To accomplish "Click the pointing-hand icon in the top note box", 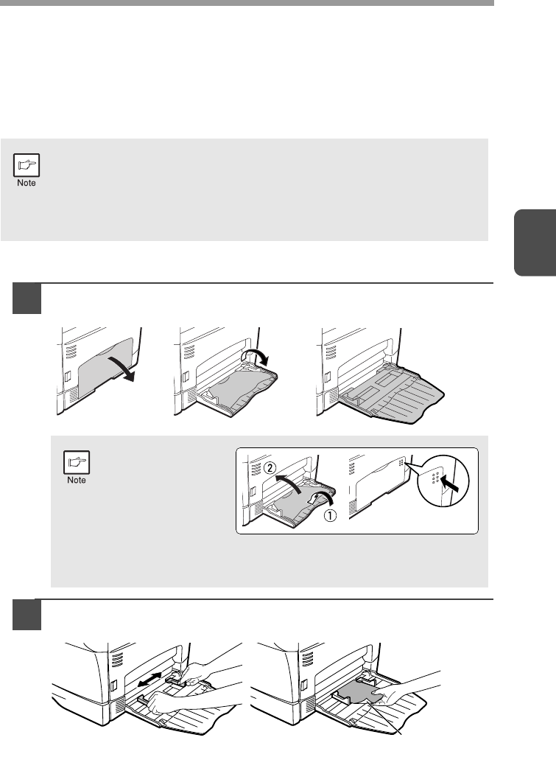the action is pos(27,165).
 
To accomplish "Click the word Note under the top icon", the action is pos(27,183).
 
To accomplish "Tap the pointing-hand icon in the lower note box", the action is pos(77,462).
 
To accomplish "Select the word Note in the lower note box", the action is pos(77,481).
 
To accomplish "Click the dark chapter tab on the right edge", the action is pos(535,243).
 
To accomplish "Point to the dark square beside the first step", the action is pos(27,299).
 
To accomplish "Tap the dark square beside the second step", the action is pos(27,615).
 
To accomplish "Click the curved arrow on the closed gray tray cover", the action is pos(122,368).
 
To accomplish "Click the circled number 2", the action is pos(270,468).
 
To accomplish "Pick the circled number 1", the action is pos(330,516).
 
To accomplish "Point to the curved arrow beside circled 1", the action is pos(320,500).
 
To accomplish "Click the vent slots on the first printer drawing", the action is pos(71,352).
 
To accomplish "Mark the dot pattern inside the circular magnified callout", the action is pos(435,478).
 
